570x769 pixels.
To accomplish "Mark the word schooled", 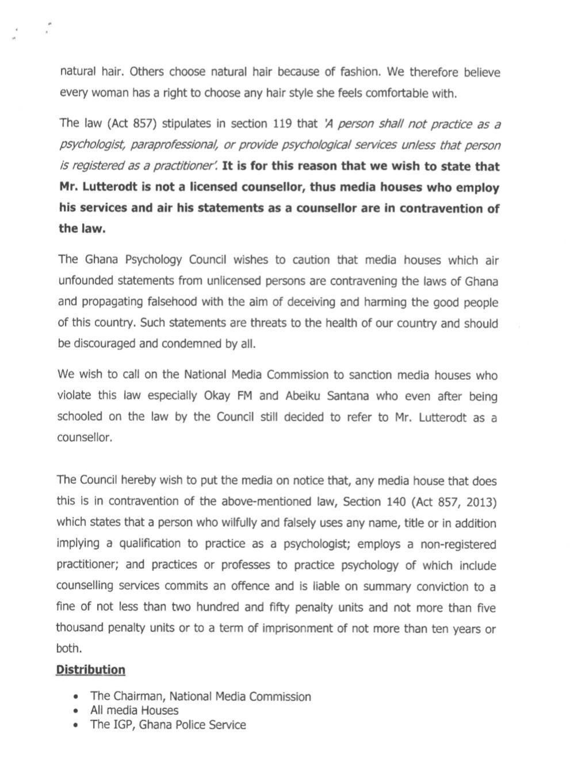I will (79, 417).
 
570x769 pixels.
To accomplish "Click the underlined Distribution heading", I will (90, 670).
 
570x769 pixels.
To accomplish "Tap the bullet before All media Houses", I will (76, 711).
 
